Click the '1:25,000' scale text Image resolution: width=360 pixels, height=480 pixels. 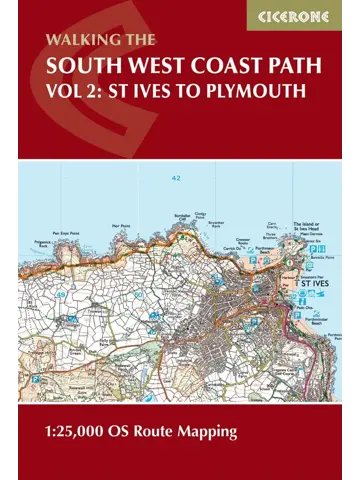coord(88,434)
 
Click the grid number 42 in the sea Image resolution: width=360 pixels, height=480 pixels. coord(176,178)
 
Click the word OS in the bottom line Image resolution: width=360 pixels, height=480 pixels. coord(144,434)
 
